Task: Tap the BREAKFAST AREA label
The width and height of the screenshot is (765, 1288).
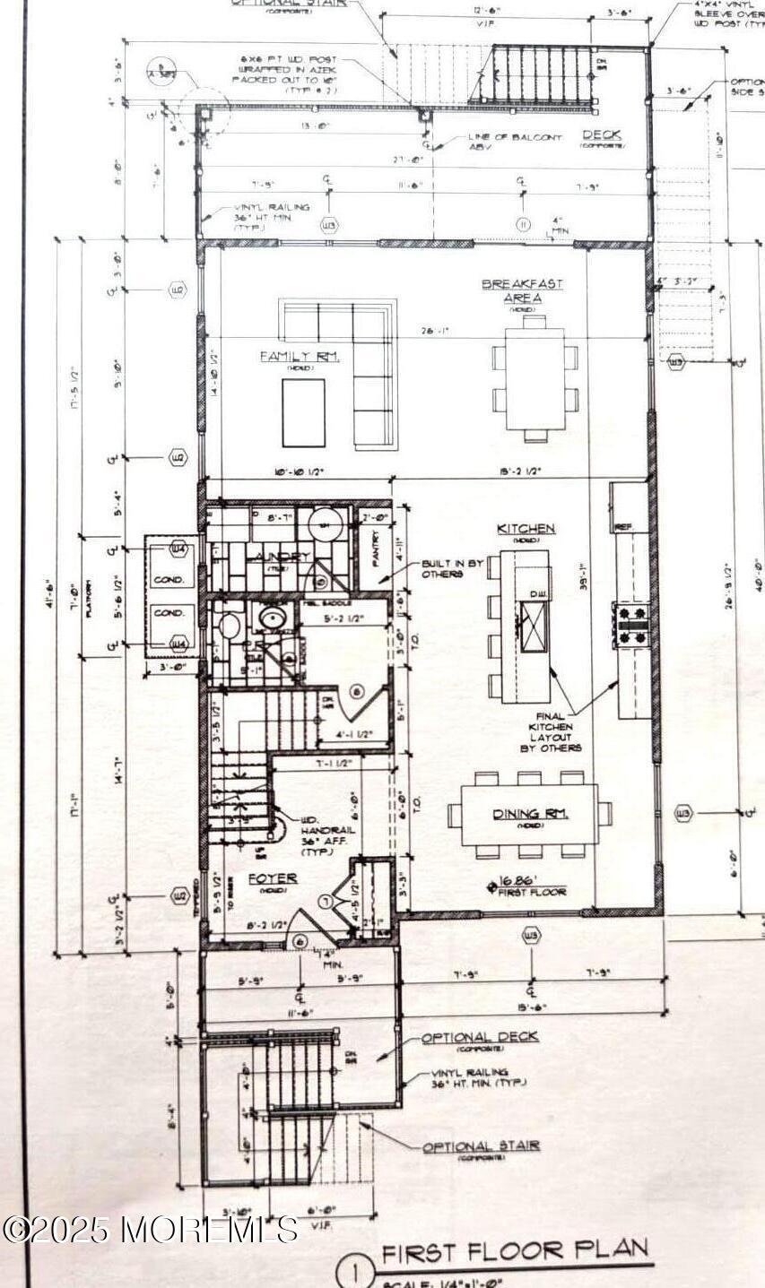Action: pos(523,290)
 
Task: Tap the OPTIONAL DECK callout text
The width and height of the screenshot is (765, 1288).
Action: pos(481,1037)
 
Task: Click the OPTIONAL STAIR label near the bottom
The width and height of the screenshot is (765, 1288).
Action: pos(482,1146)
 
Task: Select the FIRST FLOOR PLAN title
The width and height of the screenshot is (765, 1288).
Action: pos(514,1251)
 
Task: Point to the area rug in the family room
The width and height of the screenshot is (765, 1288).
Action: pos(304,412)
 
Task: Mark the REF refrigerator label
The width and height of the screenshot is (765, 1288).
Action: pos(622,526)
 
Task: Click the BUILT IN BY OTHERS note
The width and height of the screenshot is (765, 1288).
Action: pos(453,568)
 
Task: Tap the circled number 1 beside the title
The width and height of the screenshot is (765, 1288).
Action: pos(356,1273)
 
